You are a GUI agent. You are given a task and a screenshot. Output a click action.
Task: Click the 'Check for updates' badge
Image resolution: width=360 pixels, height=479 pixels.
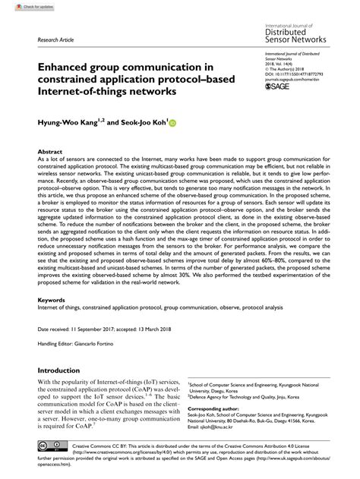(x=22, y=6)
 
